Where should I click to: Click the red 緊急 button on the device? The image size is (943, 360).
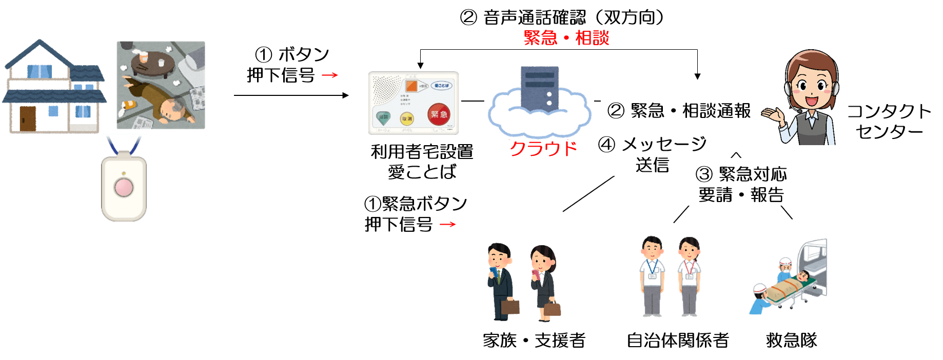click(439, 114)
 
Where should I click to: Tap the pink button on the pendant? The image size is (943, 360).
click(124, 187)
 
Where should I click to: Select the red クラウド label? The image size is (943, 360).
click(543, 148)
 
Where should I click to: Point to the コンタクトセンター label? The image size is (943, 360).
click(889, 122)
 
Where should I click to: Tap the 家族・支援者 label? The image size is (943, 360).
click(534, 339)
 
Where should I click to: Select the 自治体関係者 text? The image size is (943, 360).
click(677, 339)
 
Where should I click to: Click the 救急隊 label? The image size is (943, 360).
click(791, 339)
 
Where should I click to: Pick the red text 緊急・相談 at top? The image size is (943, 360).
click(566, 38)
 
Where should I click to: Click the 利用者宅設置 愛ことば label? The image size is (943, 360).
click(422, 161)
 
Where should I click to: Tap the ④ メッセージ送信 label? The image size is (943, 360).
click(652, 154)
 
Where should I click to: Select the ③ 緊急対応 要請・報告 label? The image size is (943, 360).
click(741, 184)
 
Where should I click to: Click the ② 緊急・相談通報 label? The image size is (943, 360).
click(679, 111)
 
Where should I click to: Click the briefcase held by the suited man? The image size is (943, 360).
click(510, 306)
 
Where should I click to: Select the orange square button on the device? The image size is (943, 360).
click(411, 86)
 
